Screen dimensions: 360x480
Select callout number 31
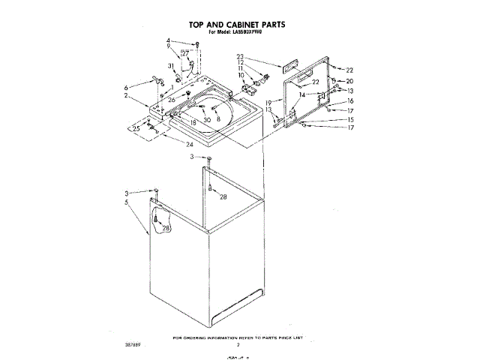pyautogui.click(x=171, y=66)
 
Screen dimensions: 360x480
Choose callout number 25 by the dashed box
pyautogui.click(x=137, y=129)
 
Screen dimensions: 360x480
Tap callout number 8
pyautogui.click(x=218, y=118)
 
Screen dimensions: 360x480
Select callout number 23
pyautogui.click(x=241, y=56)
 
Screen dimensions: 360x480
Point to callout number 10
pyautogui.click(x=241, y=76)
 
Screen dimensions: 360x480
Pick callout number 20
pyautogui.click(x=349, y=80)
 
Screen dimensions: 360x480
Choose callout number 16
pyautogui.click(x=349, y=100)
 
